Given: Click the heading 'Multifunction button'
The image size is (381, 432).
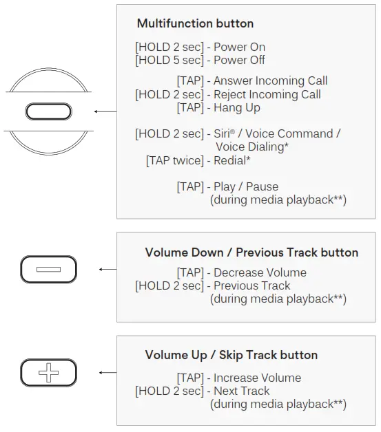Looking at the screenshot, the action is [x=195, y=23].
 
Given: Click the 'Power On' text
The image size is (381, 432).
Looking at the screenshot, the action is [x=240, y=47].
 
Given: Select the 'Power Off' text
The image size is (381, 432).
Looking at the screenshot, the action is [x=239, y=60].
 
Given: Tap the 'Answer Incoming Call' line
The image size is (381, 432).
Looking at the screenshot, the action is [x=270, y=81].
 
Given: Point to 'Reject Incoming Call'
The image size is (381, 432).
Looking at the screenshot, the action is [x=267, y=94].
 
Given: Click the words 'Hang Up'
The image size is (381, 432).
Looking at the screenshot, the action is [x=237, y=108].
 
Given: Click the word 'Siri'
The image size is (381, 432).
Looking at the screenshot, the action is [x=222, y=134].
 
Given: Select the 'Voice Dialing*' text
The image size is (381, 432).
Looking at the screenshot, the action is [x=252, y=147].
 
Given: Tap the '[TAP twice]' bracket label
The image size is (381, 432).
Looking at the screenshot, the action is [x=175, y=160].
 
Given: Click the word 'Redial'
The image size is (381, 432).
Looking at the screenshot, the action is [x=230, y=160].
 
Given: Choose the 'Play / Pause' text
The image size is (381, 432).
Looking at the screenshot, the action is [x=246, y=187].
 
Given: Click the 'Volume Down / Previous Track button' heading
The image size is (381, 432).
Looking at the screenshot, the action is [x=251, y=252].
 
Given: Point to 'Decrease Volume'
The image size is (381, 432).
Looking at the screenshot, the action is [x=260, y=273].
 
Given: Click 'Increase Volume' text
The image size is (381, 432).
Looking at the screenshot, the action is [x=258, y=378].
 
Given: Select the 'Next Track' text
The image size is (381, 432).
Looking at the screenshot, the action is [x=242, y=391].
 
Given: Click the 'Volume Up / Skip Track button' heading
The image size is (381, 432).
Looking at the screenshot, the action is [x=231, y=355].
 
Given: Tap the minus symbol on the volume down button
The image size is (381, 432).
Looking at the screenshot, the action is [x=48, y=270].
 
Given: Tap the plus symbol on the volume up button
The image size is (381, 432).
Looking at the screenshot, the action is [x=48, y=373].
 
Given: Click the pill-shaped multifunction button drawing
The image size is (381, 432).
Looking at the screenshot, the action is [x=48, y=111].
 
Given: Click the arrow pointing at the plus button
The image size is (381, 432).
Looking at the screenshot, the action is [x=108, y=373].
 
